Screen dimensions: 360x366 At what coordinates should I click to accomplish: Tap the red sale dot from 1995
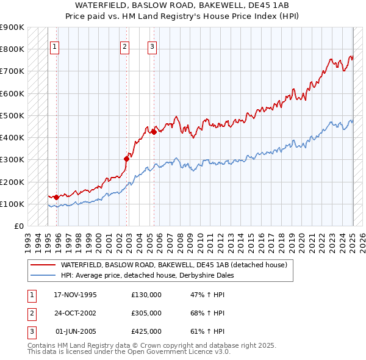click(x=56, y=197)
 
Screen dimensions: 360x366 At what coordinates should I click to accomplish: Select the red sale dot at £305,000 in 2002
click(x=126, y=159)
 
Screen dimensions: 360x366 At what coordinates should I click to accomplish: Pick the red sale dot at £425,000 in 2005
click(x=154, y=132)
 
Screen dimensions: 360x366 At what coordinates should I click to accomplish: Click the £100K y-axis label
click(x=13, y=204)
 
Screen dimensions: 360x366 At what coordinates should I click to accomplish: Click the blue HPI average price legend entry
click(x=147, y=275)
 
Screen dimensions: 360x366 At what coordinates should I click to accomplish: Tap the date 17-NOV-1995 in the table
click(x=76, y=295)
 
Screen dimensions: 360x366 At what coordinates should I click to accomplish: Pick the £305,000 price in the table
click(x=146, y=313)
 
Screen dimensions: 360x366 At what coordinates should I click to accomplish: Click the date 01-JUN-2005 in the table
click(x=76, y=331)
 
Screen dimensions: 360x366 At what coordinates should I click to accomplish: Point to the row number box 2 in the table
click(x=31, y=313)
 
